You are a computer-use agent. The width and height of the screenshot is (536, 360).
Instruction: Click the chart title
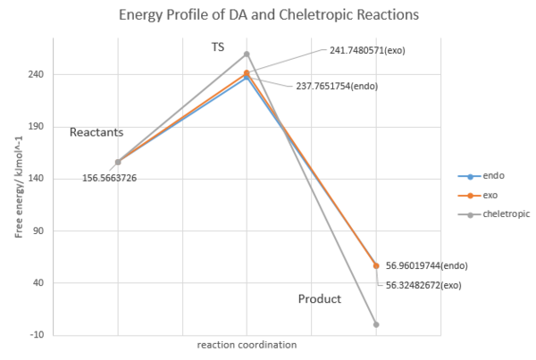[268, 16]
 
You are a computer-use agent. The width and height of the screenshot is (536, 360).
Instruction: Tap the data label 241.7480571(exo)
[361, 50]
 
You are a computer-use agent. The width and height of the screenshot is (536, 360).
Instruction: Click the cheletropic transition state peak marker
[247, 54]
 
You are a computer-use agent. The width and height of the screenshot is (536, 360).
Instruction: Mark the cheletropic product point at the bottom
[376, 324]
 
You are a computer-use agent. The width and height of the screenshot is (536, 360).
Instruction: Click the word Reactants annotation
[96, 132]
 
